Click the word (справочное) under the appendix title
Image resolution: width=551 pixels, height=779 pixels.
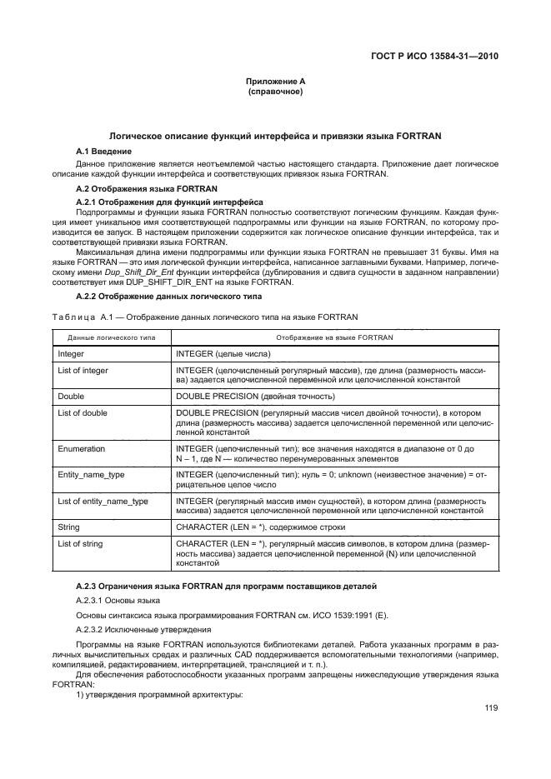click(x=275, y=92)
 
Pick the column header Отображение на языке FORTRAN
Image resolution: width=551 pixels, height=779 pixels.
click(x=334, y=337)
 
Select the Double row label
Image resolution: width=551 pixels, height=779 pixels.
click(x=70, y=396)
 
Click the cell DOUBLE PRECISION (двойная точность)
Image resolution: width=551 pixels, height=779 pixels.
click(x=255, y=396)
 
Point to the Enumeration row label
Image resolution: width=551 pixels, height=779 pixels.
click(x=81, y=448)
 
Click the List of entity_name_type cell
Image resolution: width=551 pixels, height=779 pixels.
click(x=103, y=501)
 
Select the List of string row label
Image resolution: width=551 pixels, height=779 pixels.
click(x=80, y=543)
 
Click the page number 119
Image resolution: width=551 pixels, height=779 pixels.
click(x=490, y=709)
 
